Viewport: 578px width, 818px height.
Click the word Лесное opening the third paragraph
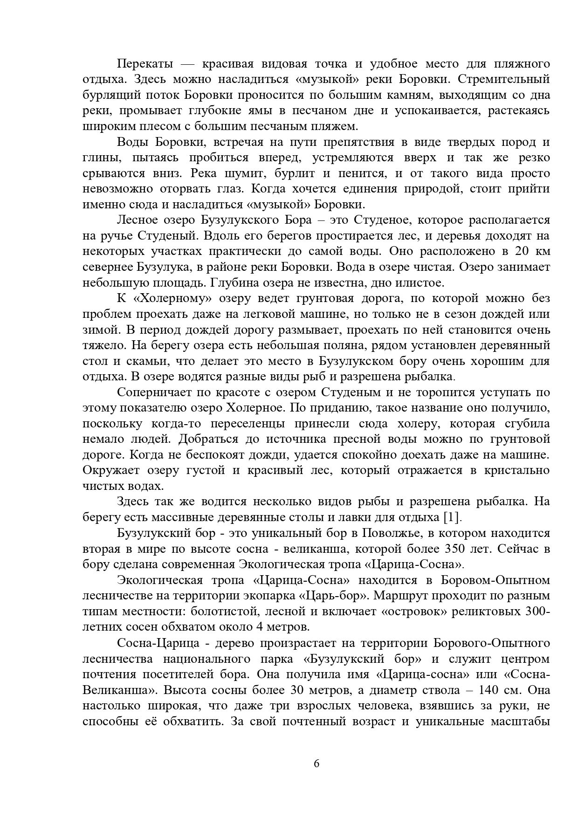click(x=138, y=220)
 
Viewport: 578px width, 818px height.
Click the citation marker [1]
click(x=450, y=517)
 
